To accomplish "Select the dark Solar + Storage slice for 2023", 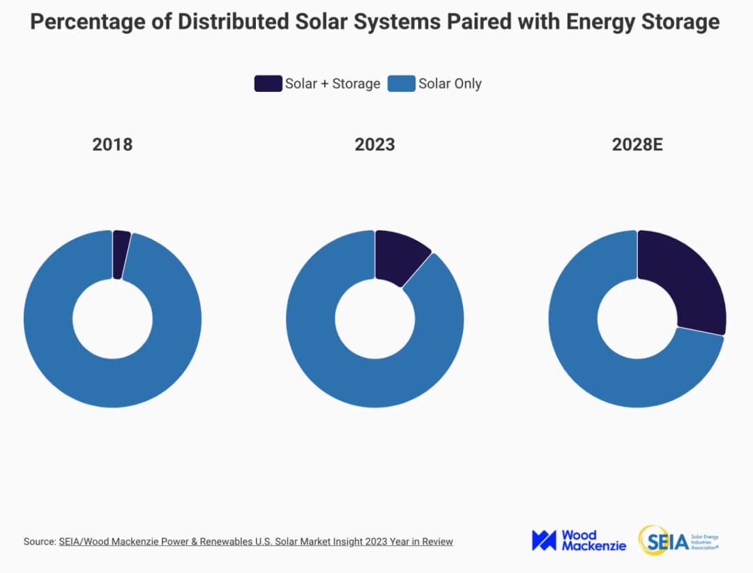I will coord(399,256).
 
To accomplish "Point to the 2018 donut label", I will coord(112,145).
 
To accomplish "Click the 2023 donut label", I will coord(374,145).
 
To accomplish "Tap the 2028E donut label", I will coord(637,145).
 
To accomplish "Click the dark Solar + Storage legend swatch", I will coord(268,84).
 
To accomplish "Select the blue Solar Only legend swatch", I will coord(402,84).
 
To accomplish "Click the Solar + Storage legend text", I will coord(333,84).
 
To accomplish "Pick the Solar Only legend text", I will coord(450,84).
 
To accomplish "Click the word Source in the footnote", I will coord(39,541).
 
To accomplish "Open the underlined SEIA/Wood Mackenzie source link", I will coord(256,541).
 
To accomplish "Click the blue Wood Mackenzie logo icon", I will coord(544,540).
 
